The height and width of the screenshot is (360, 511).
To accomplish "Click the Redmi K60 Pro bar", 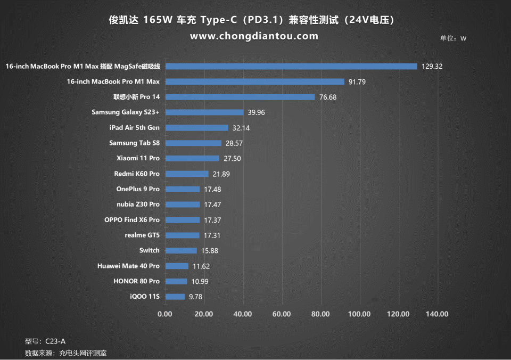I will point(186,174).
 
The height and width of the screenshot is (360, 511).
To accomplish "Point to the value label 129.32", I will point(432,67).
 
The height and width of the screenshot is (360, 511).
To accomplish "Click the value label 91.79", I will point(359,82).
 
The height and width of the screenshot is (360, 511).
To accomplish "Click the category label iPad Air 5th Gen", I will point(134,128).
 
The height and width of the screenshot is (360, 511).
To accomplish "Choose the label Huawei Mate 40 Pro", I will point(128,266).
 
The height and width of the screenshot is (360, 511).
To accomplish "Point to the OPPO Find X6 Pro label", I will point(132,220).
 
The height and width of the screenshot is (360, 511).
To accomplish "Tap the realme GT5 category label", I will point(142,235).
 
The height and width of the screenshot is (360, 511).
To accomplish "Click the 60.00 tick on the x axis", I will point(282,314).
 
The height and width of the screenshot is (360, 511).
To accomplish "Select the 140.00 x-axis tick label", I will point(437,314).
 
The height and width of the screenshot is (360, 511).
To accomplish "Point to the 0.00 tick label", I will point(165,314).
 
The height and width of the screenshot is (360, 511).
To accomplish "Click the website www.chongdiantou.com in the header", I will point(254,36).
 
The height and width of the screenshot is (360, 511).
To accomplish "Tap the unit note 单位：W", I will point(453,38).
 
